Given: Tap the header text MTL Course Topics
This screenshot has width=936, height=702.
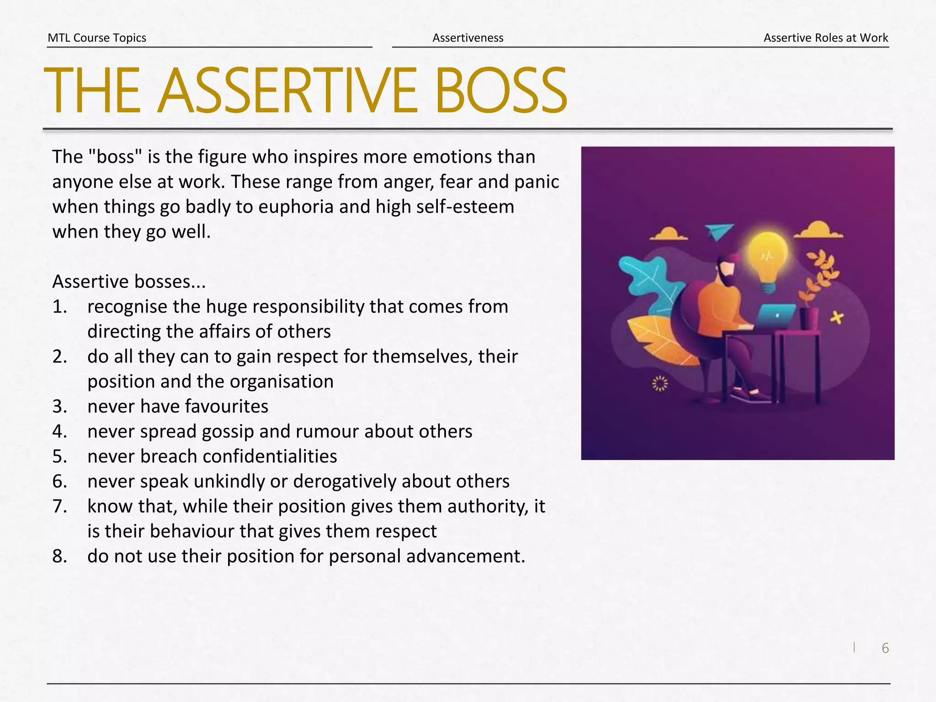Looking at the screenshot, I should [x=97, y=37].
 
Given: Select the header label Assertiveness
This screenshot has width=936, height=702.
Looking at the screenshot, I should [x=468, y=37].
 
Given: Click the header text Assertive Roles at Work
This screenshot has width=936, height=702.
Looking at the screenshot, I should [x=825, y=37].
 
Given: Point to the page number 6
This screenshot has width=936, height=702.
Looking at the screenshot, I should [x=885, y=648].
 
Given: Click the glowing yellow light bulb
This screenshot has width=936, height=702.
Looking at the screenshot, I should [x=767, y=258].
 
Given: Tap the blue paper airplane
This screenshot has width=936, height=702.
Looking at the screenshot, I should [x=718, y=231].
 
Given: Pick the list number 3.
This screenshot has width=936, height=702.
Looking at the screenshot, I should [x=59, y=406].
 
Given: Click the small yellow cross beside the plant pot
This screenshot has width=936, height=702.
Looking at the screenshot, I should [x=836, y=317].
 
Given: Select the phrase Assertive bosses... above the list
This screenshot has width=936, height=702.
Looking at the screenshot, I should [x=129, y=282].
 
